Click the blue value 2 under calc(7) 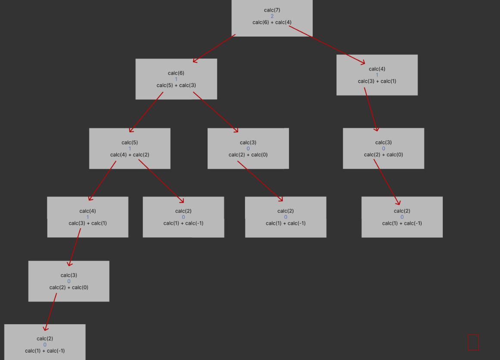[x=272, y=16]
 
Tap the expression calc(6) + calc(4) [x=272, y=22]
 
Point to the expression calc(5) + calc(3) [x=176, y=85]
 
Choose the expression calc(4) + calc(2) [x=130, y=155]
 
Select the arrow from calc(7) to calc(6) [x=214, y=48]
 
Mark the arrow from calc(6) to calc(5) [x=146, y=112]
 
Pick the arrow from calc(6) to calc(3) [x=215, y=112]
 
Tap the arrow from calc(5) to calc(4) [x=102, y=180]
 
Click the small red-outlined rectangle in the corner [x=473, y=343]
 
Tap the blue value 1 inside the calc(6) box [x=176, y=79]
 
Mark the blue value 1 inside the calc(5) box [x=130, y=149]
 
